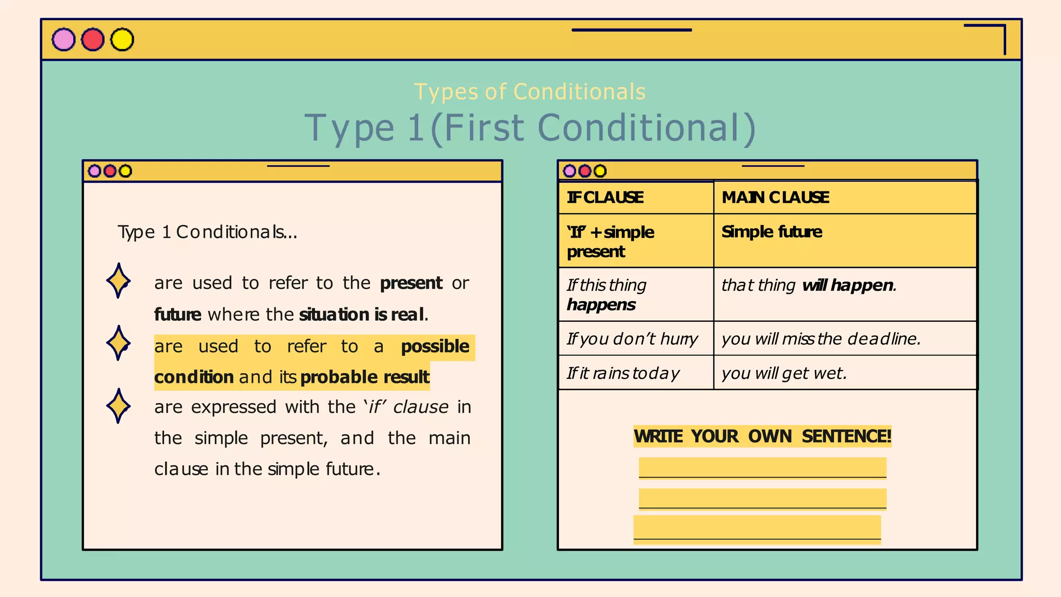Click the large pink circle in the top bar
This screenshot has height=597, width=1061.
pyautogui.click(x=64, y=40)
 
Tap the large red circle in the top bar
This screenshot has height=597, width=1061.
pyautogui.click(x=93, y=40)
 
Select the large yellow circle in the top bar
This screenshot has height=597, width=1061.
pyautogui.click(x=122, y=40)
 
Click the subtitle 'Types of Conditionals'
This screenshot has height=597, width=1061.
pyautogui.click(x=530, y=92)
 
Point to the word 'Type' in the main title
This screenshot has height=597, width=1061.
pyautogui.click(x=350, y=128)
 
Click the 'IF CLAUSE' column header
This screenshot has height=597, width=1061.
pyautogui.click(x=605, y=197)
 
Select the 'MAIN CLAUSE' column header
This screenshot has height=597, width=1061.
pyautogui.click(x=775, y=197)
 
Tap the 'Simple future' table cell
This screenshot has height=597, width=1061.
pyautogui.click(x=771, y=232)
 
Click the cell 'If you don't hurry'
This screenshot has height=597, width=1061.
pyautogui.click(x=632, y=339)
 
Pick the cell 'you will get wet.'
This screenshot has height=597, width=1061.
pyautogui.click(x=784, y=373)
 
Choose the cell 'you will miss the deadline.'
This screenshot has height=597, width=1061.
pyautogui.click(x=821, y=339)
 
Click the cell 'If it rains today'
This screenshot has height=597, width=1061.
pyautogui.click(x=623, y=373)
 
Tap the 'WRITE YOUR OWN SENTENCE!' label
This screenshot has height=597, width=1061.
pyautogui.click(x=762, y=436)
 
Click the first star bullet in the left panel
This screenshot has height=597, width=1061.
pyautogui.click(x=118, y=281)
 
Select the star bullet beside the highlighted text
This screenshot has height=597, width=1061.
pyautogui.click(x=118, y=343)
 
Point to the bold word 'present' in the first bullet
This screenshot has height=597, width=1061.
pyautogui.click(x=411, y=283)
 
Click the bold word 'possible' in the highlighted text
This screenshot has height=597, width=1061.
pyautogui.click(x=435, y=346)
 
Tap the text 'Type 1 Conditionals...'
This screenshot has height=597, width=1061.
pyautogui.click(x=207, y=232)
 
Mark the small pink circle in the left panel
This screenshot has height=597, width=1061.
pyautogui.click(x=95, y=171)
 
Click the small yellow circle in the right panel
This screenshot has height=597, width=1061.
pyautogui.click(x=600, y=171)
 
